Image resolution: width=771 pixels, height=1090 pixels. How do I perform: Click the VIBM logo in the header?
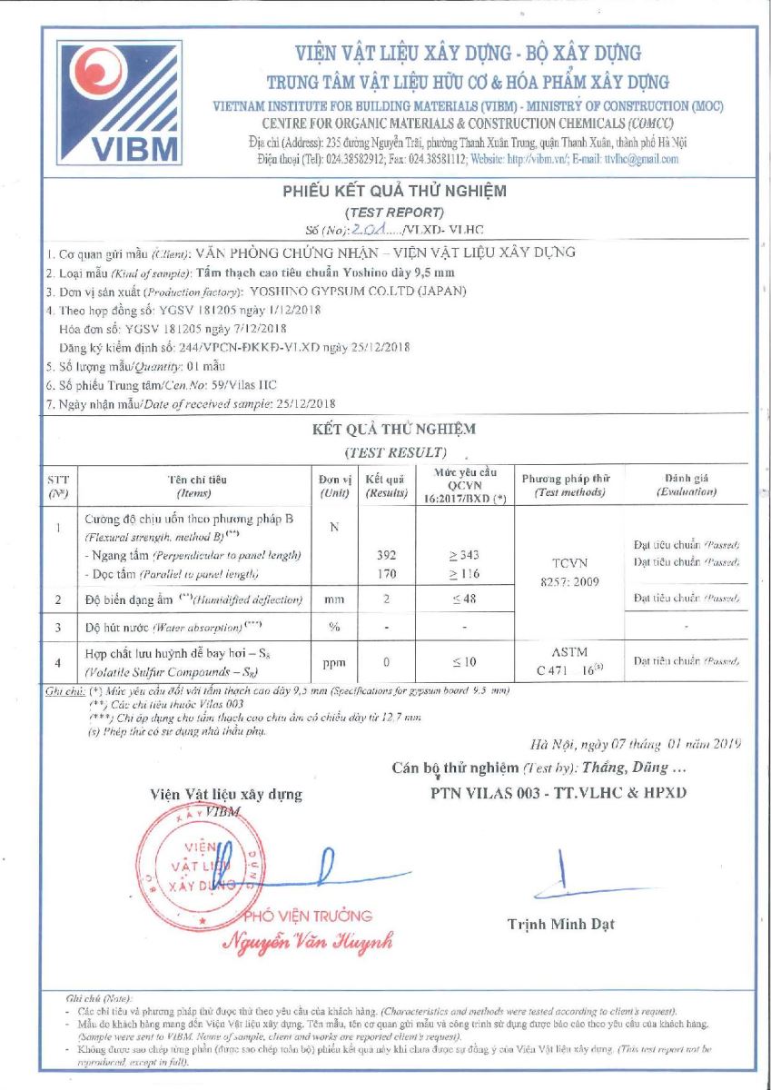point(119,102)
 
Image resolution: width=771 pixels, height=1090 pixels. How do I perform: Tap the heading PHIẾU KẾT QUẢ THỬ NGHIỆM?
point(395,191)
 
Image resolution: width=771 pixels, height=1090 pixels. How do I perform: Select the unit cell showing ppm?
point(334,662)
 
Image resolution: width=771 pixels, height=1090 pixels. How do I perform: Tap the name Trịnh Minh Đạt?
point(560,924)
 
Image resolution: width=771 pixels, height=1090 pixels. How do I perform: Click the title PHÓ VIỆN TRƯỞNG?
point(305,916)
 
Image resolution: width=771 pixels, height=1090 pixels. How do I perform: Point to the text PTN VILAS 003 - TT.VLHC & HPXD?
point(558,792)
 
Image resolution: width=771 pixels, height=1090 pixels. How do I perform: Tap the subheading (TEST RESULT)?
point(395,451)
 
